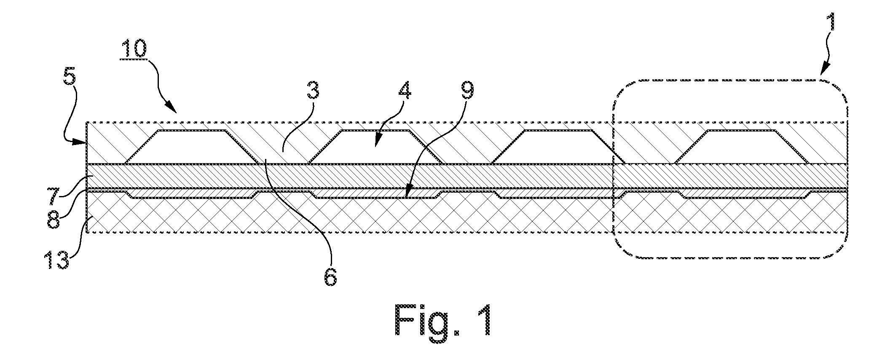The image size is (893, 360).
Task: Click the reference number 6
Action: point(330,275)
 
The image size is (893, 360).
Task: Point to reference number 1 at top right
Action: point(822,28)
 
